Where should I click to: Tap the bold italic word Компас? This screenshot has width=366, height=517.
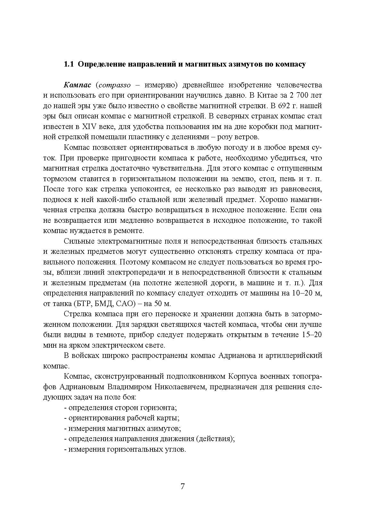point(78,85)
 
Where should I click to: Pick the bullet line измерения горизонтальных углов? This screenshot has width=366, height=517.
point(125,449)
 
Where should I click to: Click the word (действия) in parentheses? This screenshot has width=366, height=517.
point(215,439)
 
